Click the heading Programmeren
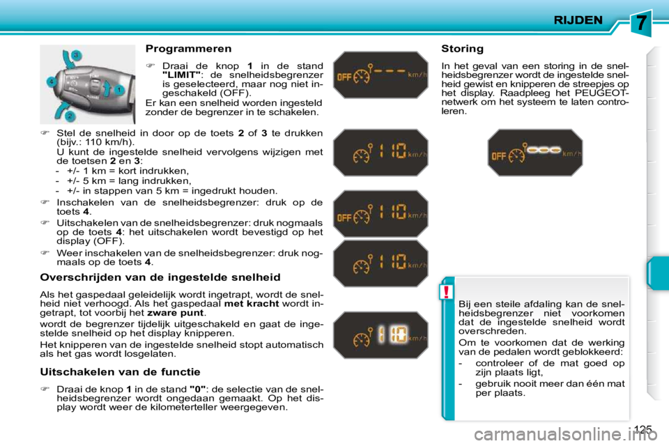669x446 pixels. (188, 49)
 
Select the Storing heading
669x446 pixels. (462, 49)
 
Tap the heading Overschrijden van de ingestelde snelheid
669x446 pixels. (160, 277)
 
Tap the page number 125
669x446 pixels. (644, 428)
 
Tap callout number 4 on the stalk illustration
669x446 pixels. (51, 82)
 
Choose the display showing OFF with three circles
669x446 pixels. (535, 153)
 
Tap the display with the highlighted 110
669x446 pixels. (380, 337)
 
